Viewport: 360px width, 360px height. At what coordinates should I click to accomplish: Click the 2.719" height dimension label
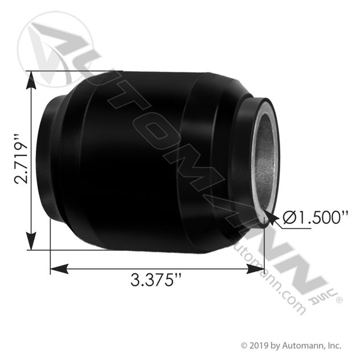pyautogui.click(x=21, y=159)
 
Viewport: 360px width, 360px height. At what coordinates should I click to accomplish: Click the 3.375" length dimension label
pyautogui.click(x=156, y=280)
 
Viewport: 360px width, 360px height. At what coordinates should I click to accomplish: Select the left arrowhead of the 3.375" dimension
pyautogui.click(x=59, y=269)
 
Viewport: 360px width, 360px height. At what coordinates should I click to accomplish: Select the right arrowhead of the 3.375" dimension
pyautogui.click(x=255, y=269)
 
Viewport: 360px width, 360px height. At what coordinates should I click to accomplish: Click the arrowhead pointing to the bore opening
pyautogui.click(x=271, y=218)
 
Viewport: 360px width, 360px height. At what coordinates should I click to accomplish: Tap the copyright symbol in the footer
pyautogui.click(x=244, y=345)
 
